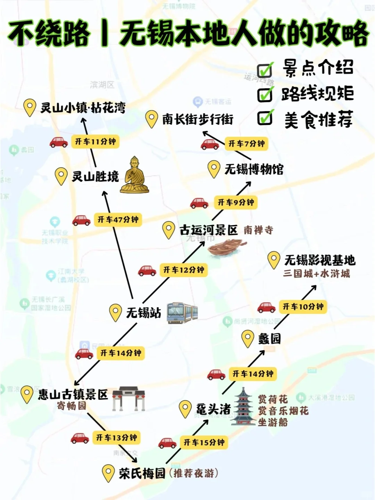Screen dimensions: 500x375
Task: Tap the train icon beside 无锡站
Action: pos(182,312)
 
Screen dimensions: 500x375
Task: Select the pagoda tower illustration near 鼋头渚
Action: pos(244,407)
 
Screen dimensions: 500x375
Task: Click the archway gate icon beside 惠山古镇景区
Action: pos(128,398)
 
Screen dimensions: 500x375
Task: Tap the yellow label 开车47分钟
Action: pos(118,220)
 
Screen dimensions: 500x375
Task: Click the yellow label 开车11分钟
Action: pos(95,142)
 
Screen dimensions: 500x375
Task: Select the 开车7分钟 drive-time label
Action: pos(247,144)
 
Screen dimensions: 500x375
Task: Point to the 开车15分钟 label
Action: pos(204,442)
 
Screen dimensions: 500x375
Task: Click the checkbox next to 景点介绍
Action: pos(265,70)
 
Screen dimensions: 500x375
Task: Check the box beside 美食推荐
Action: pos(265,118)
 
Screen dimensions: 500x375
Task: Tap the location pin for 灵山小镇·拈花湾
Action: pos(30,107)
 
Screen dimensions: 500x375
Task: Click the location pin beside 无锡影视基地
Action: pos(274,259)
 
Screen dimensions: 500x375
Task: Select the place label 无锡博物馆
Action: pos(254,169)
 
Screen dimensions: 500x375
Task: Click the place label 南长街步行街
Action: pos(198,119)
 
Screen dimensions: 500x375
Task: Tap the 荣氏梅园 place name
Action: pos(142,473)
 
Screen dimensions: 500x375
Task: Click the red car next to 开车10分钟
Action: pos(266,307)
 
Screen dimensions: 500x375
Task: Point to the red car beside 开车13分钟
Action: pos(80,438)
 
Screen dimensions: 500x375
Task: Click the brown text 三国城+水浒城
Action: pos(316,274)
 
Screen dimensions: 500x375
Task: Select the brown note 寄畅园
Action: pos(72,406)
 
